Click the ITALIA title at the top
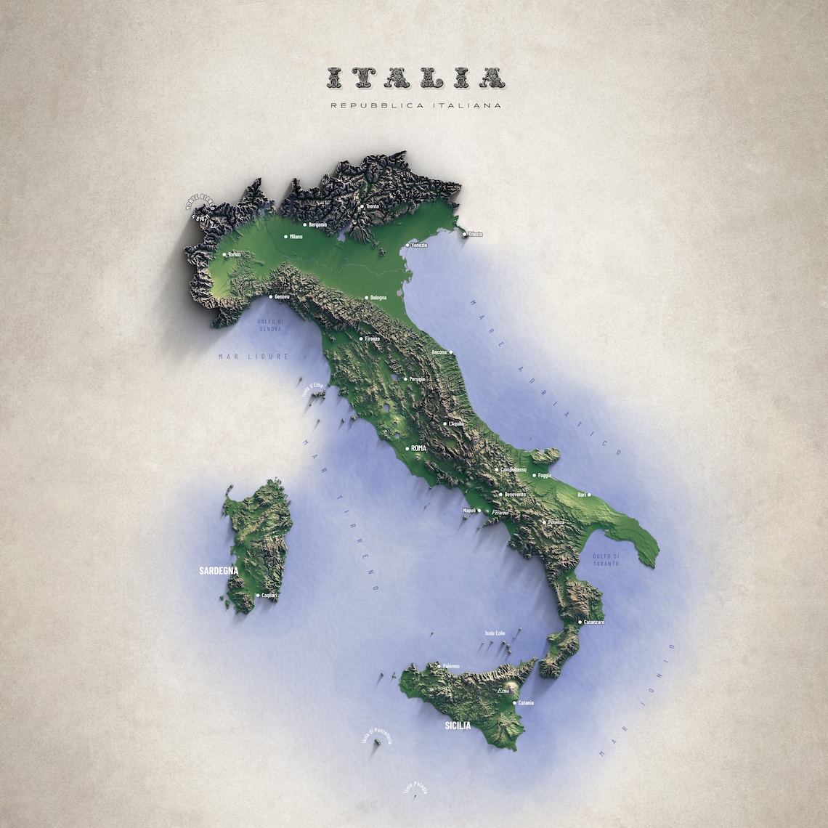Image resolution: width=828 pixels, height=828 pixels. (x=415, y=77)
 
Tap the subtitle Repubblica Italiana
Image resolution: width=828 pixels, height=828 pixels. (x=415, y=106)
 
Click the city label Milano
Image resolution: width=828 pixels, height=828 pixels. (x=296, y=237)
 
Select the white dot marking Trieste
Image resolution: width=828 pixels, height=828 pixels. (x=464, y=234)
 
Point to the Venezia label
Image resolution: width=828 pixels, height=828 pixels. (x=419, y=245)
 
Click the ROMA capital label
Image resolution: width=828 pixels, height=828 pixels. (x=418, y=449)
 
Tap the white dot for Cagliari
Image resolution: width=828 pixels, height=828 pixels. (x=258, y=596)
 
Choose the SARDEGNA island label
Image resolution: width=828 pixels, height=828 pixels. (x=219, y=571)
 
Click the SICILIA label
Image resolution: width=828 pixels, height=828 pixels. (x=458, y=726)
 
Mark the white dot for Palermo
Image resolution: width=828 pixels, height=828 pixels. (x=438, y=665)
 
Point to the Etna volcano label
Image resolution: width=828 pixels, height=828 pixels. (x=503, y=692)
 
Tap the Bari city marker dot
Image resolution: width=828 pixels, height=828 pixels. (x=588, y=495)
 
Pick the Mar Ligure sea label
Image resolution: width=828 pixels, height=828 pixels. (x=253, y=357)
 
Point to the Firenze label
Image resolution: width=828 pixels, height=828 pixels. (x=372, y=338)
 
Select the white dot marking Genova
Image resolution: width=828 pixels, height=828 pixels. (x=271, y=296)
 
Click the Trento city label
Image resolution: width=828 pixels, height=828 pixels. (x=373, y=206)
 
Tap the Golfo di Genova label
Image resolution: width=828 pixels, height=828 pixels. (x=269, y=325)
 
